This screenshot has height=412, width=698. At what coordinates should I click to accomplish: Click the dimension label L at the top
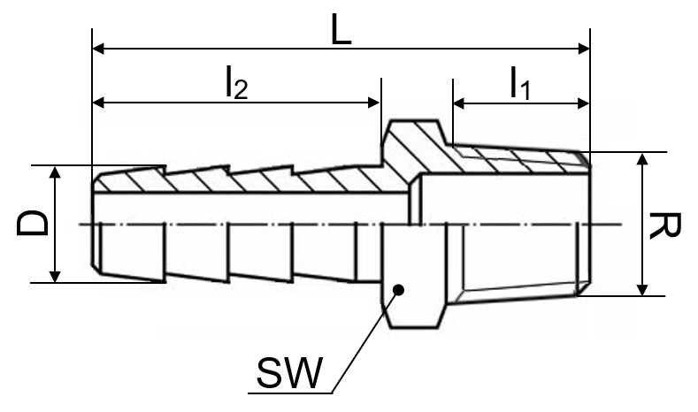(x=341, y=30)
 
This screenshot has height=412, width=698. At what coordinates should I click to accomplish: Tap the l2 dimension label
(x=236, y=83)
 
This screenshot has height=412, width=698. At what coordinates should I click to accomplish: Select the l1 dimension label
(x=520, y=83)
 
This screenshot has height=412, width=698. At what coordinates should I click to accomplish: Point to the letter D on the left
(x=33, y=224)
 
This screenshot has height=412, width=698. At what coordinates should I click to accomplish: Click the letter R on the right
(x=664, y=225)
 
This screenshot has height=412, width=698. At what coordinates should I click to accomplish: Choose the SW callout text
(x=289, y=373)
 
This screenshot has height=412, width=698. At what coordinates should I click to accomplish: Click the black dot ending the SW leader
(x=399, y=290)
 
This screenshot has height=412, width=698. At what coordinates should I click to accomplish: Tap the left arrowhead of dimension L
(x=98, y=48)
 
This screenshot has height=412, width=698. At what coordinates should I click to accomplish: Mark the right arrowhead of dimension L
(x=584, y=49)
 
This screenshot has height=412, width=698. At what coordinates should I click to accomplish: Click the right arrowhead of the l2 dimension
(x=374, y=103)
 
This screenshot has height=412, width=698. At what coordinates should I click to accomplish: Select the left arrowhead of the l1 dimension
(x=459, y=103)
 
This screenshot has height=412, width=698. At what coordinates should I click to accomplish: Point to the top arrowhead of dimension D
(x=54, y=172)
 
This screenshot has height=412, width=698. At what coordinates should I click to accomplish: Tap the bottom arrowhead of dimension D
(x=54, y=277)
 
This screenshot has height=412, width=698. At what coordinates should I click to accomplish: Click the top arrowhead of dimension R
(x=642, y=159)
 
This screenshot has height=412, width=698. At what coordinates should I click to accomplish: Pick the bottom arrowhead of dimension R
(x=642, y=290)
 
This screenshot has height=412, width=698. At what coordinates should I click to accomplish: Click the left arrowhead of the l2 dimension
(x=98, y=103)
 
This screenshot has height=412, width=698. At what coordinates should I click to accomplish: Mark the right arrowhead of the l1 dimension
(x=584, y=103)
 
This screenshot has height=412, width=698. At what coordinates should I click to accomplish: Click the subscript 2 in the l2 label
(x=241, y=90)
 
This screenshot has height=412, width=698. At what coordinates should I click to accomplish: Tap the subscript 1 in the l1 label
(x=525, y=91)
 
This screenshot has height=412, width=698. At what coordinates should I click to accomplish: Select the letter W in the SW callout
(x=302, y=373)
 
